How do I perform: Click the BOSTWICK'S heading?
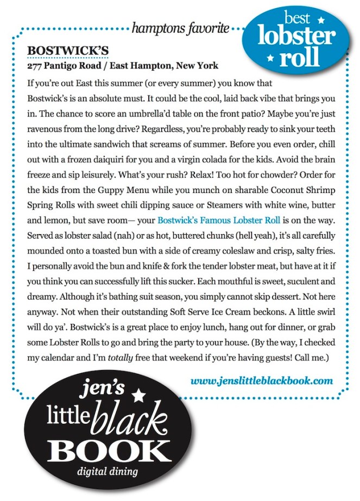tap(68, 51)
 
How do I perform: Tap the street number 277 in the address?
tap(35, 66)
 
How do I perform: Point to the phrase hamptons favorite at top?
tap(180, 29)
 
